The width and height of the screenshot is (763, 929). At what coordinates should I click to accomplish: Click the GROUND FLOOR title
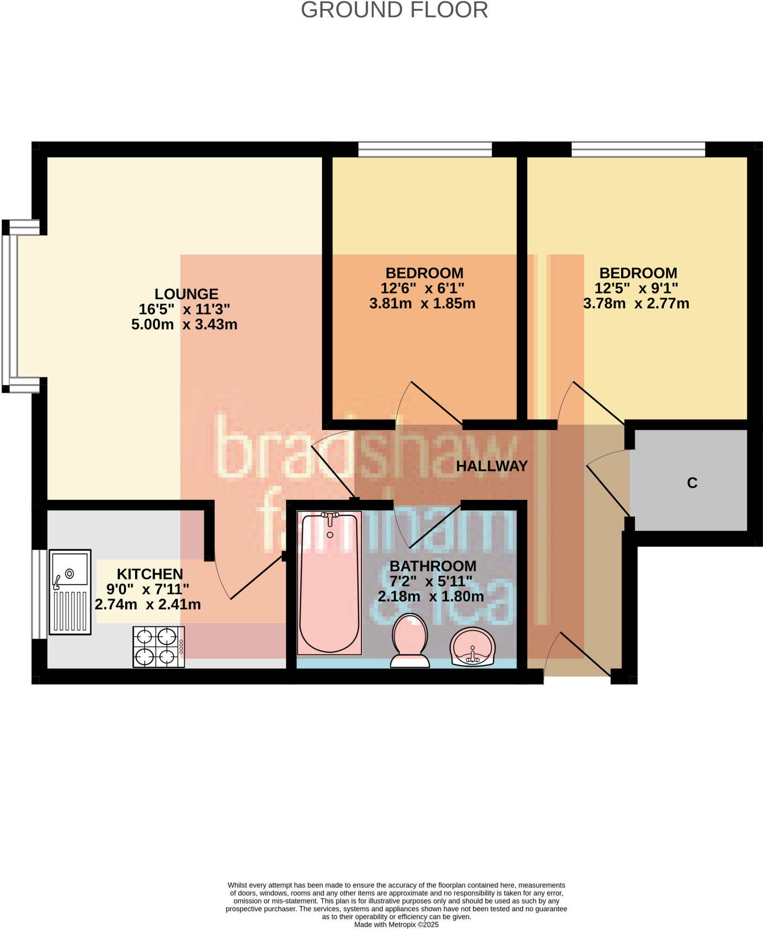click(394, 10)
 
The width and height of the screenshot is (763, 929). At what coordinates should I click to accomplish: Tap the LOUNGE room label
click(186, 294)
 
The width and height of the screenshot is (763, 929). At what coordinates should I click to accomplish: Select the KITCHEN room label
click(150, 574)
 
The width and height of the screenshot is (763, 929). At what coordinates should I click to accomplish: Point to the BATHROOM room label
click(433, 566)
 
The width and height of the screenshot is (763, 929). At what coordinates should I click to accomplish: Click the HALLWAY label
click(492, 466)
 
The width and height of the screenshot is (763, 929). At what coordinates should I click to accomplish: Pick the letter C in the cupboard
click(692, 483)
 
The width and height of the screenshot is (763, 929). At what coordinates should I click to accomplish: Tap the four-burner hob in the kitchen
click(158, 647)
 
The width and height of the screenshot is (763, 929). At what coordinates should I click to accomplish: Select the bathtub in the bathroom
click(330, 583)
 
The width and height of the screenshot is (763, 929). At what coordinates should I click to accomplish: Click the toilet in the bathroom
click(410, 641)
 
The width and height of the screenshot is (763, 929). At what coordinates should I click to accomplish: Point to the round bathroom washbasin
click(472, 646)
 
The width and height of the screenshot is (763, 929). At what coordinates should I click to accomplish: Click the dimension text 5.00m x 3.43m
click(184, 324)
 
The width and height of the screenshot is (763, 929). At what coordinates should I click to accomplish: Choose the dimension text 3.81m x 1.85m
click(422, 303)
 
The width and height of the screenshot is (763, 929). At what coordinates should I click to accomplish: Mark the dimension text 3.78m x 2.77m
click(636, 303)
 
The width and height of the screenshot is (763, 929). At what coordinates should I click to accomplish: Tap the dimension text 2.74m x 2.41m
click(148, 604)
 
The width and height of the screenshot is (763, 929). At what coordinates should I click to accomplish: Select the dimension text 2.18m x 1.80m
click(431, 597)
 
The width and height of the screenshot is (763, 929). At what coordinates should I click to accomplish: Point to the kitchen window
click(39, 594)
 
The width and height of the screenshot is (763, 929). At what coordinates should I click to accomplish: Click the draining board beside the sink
click(70, 611)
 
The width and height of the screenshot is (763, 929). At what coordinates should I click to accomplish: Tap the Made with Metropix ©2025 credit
click(396, 924)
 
